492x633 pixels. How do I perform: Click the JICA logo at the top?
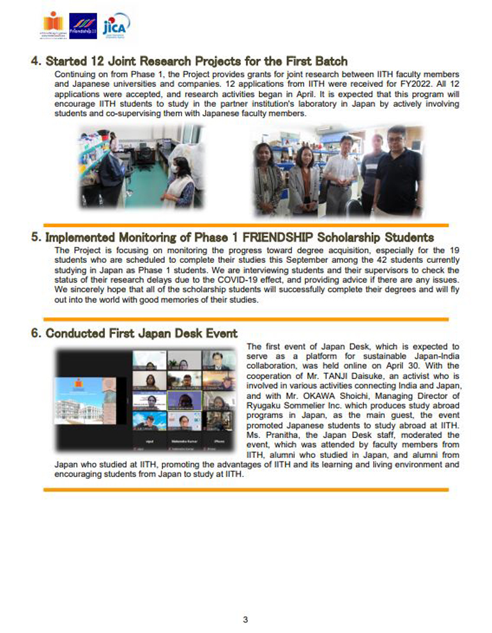tap(116, 26)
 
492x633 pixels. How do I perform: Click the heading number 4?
tap(35, 61)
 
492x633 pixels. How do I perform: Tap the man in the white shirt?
tap(340, 173)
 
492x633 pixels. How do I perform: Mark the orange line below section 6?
tap(245, 490)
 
